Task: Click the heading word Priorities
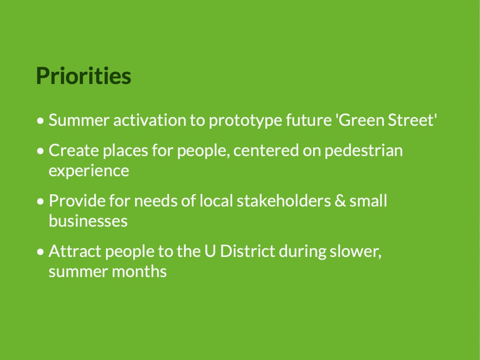tap(84, 76)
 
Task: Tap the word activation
tap(150, 120)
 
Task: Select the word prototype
tap(245, 121)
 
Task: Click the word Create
tap(74, 150)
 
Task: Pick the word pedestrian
tap(364, 150)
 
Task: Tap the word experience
tap(89, 171)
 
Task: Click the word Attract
tap(75, 251)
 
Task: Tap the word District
tap(247, 251)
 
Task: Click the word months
tap(139, 271)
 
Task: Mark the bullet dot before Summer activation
tap(40, 121)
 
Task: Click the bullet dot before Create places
tap(40, 151)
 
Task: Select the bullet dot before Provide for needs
tap(40, 201)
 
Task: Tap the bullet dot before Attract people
tap(40, 252)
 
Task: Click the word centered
tap(266, 150)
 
